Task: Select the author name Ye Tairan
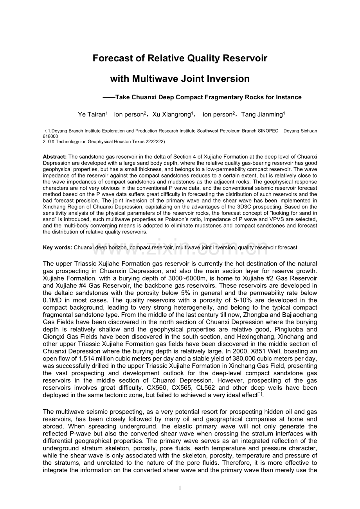pos(92,115)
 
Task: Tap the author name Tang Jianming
pos(262,115)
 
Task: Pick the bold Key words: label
pos(58,247)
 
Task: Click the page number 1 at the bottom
pos(180,487)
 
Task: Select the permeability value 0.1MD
pos(53,300)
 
